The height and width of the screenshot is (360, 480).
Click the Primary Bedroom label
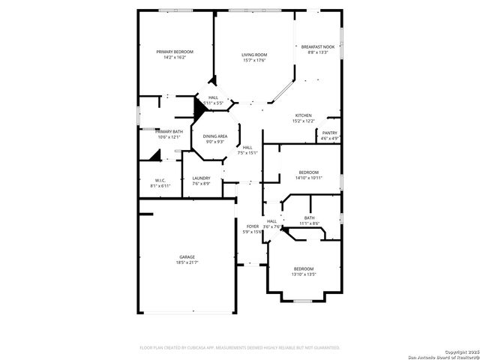pyautogui.click(x=175, y=52)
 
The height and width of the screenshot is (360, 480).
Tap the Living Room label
pyautogui.click(x=254, y=55)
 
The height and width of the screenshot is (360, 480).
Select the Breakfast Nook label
pyautogui.click(x=318, y=46)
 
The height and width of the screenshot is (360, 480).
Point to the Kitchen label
pyautogui.click(x=303, y=115)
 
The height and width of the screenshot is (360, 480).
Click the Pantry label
pyautogui.click(x=330, y=133)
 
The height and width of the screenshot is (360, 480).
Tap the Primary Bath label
pyautogui.click(x=169, y=131)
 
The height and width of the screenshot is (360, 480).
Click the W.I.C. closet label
pyautogui.click(x=160, y=180)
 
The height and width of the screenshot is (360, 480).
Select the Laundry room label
pyautogui.click(x=201, y=178)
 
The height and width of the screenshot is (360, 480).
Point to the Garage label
pyautogui.click(x=187, y=256)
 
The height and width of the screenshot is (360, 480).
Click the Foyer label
pyautogui.click(x=253, y=226)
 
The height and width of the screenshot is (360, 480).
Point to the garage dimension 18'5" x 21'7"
pyautogui.click(x=187, y=262)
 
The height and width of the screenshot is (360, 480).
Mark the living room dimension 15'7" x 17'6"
pyautogui.click(x=254, y=61)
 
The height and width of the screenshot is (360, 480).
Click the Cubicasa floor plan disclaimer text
pyautogui.click(x=240, y=348)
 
